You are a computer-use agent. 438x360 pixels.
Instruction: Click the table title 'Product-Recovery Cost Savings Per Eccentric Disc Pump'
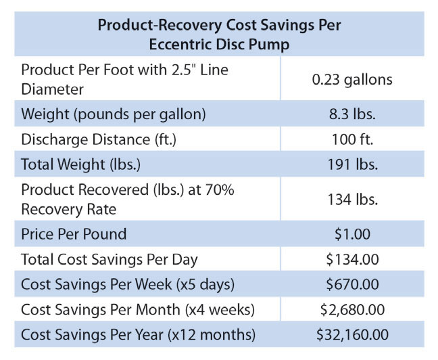click(219, 34)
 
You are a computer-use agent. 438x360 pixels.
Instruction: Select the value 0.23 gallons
click(351, 79)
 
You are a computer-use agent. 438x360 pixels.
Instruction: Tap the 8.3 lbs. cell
click(351, 114)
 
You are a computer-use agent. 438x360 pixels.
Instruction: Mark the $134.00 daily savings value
click(351, 258)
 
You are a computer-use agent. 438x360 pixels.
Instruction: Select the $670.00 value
click(351, 284)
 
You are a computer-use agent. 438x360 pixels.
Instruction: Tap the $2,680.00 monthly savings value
click(351, 309)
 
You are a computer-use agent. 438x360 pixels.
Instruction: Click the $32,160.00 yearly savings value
click(351, 334)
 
